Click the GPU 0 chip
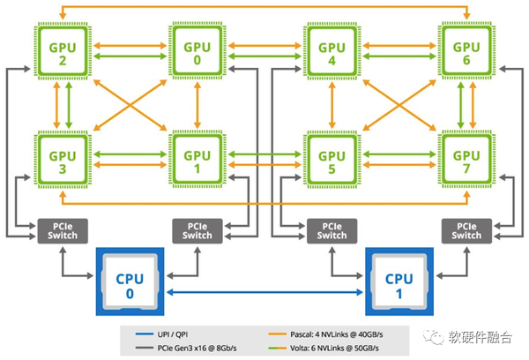197,50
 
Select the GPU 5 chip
332,160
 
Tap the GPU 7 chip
466,160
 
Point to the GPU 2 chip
63,50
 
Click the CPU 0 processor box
130,281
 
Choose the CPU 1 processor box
399,281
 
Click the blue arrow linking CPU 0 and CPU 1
264,292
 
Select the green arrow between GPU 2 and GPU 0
130,56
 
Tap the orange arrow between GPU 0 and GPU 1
197,105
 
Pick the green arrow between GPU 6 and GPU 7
460,105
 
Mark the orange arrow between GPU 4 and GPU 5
332,105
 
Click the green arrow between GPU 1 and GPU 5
264,154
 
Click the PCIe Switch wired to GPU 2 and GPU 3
63,231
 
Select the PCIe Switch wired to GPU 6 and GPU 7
466,231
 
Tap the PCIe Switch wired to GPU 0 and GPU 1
197,231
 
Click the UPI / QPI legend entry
161,334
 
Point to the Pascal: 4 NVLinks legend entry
325,334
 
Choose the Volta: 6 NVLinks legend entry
324,348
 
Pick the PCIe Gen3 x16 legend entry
186,348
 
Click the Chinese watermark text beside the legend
481,337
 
